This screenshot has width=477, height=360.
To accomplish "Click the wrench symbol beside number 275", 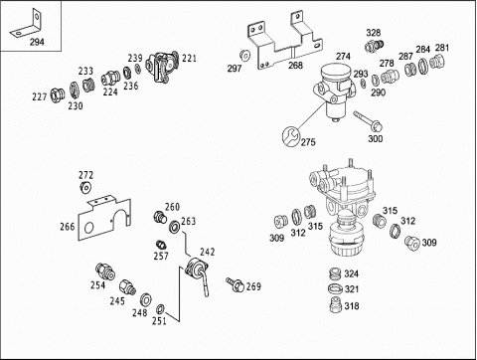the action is [x=290, y=136].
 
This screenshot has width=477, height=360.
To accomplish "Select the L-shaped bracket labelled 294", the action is [x=27, y=27].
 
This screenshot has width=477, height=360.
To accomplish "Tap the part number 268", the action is [x=295, y=65].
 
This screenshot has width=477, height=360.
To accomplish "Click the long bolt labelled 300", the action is [x=368, y=121].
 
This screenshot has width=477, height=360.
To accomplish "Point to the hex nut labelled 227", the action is [x=56, y=95].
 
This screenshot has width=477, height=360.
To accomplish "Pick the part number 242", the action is [x=207, y=252].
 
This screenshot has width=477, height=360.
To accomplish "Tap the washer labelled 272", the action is [x=85, y=187].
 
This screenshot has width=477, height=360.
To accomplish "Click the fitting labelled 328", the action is [x=374, y=46].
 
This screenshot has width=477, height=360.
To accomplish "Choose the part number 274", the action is [x=343, y=56].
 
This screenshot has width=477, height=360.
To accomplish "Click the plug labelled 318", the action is [x=336, y=304].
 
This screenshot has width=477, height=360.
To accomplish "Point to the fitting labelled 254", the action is [x=105, y=270].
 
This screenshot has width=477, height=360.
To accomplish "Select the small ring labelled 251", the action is [x=160, y=309].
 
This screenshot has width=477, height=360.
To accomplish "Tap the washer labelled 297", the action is [x=244, y=56].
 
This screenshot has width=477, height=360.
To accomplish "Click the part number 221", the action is [x=189, y=58].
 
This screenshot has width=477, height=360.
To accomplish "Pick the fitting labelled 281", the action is [x=436, y=61].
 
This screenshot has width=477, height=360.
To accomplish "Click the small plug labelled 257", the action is [x=161, y=245].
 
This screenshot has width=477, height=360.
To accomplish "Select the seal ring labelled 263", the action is [x=175, y=227].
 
